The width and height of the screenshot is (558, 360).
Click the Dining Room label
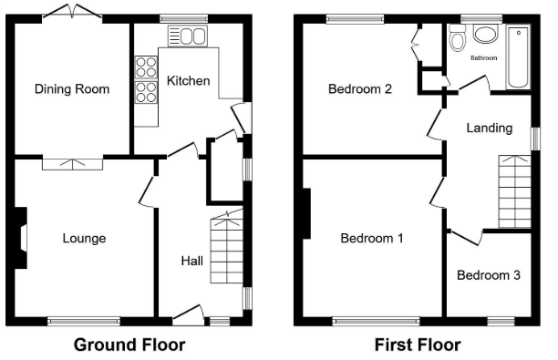coord(72,89)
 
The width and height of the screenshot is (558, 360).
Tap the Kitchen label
coord(188,81)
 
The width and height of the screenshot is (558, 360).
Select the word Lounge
coord(85,239)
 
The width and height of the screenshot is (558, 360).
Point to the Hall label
coord(192,261)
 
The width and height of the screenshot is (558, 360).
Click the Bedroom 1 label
coord(372,238)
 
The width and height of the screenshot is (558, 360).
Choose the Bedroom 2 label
coord(360,88)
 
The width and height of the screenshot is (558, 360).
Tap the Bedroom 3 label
coord(489,275)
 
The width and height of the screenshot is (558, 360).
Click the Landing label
coord(490,129)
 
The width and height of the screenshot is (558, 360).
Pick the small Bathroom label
coord(483,57)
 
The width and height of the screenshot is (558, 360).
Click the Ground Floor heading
coord(129,345)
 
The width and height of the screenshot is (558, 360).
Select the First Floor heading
coord(418,345)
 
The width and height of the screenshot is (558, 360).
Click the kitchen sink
coord(188,36)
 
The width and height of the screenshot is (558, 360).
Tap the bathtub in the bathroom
coord(518,57)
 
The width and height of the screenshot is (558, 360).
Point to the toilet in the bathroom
coord(457,37)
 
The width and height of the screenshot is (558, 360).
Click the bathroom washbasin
coord(486,34)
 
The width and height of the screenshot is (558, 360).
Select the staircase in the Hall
coord(227,247)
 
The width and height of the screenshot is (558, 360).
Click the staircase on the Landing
coord(514,191)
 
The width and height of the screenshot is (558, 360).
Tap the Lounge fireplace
coord(21,238)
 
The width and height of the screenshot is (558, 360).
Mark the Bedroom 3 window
coord(501,321)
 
